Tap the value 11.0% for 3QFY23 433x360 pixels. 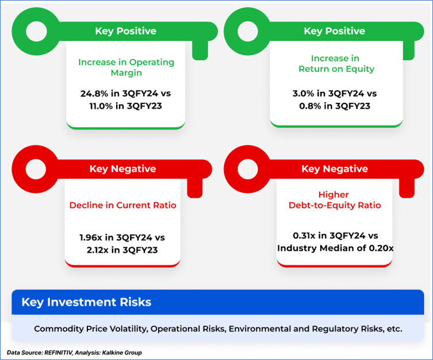[101, 106]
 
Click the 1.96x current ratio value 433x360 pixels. [91, 238]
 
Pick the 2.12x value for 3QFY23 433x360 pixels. [98, 250]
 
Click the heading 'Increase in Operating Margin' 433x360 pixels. [126, 67]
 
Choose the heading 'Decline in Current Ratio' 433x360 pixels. [122, 205]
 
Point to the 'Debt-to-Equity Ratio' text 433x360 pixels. [335, 205]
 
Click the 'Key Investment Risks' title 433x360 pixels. [86, 302]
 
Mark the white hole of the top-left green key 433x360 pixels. [36, 32]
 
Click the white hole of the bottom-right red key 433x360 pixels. [248, 169]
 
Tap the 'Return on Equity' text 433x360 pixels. [336, 69]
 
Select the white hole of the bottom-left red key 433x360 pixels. [36, 169]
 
